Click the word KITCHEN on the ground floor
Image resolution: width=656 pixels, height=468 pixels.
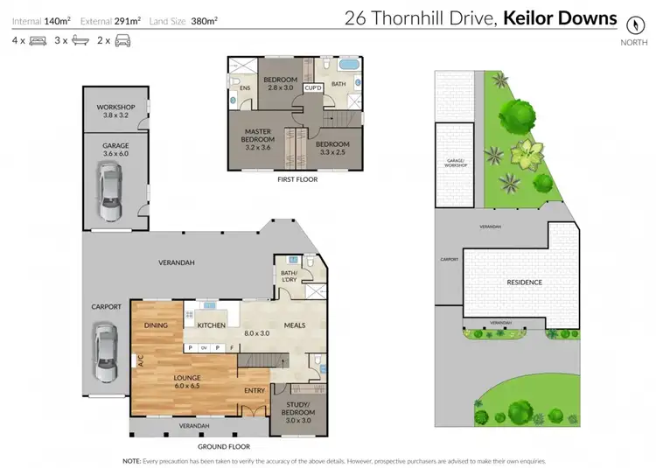click(211, 325)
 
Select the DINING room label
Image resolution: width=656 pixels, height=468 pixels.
click(156, 325)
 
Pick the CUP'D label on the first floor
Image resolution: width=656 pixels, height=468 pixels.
click(313, 88)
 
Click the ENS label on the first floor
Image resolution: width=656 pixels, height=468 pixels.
click(244, 87)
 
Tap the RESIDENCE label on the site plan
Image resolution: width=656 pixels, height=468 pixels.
click(525, 283)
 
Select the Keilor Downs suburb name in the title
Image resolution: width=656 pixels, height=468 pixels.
click(560, 17)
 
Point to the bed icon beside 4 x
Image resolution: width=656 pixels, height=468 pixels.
click(38, 40)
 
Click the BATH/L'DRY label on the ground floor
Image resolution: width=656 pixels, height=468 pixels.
click(289, 277)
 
